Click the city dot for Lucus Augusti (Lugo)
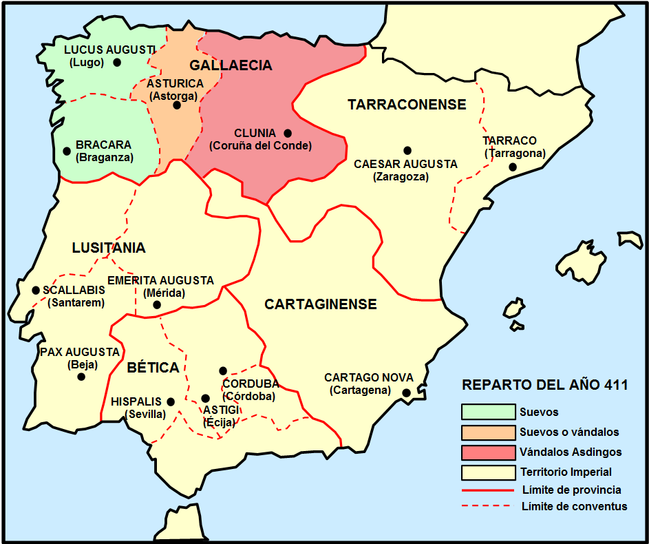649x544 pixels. pyautogui.click(x=117, y=62)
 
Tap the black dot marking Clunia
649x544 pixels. pyautogui.click(x=288, y=133)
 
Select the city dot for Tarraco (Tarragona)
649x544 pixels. pyautogui.click(x=513, y=167)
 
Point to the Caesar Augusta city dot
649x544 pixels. pyautogui.click(x=407, y=150)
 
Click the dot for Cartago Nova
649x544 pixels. pyautogui.click(x=407, y=393)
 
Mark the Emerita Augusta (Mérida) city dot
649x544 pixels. pyautogui.click(x=157, y=304)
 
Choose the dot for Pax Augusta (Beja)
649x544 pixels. pyautogui.click(x=81, y=377)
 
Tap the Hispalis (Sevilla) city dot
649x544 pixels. pyautogui.click(x=171, y=401)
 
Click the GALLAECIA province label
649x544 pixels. pyautogui.click(x=231, y=65)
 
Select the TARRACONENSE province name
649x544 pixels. pyautogui.click(x=407, y=105)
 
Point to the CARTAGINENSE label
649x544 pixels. pyautogui.click(x=321, y=304)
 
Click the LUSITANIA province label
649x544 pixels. pyautogui.click(x=109, y=248)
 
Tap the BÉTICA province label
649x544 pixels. pyautogui.click(x=153, y=368)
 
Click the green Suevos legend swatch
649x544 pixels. pyautogui.click(x=488, y=412)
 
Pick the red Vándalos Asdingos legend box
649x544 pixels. pyautogui.click(x=488, y=452)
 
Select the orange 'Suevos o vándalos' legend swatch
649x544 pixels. pyautogui.click(x=488, y=432)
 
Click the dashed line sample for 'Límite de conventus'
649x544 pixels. pyautogui.click(x=488, y=506)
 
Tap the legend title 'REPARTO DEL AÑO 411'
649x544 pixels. pyautogui.click(x=544, y=385)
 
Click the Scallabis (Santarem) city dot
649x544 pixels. pyautogui.click(x=36, y=291)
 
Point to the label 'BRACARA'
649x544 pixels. pyautogui.click(x=104, y=145)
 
